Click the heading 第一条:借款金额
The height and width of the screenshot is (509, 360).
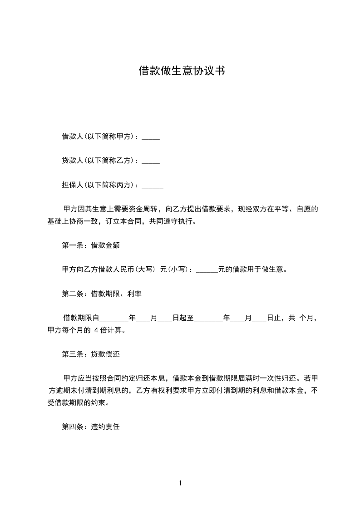click(x=90, y=245)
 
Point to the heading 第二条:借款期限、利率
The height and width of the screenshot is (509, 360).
click(x=102, y=294)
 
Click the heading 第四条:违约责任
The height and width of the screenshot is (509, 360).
click(x=90, y=427)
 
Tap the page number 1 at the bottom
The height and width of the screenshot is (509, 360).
click(x=180, y=483)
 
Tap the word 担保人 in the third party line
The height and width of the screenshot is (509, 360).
click(x=73, y=185)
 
